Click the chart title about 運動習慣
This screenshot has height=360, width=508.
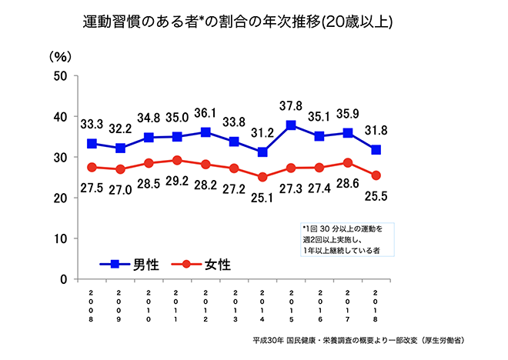coord(238,22)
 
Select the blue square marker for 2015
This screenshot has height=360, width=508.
coord(291,125)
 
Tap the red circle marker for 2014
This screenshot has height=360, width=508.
coord(262,177)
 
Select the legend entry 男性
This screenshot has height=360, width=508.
coord(131,264)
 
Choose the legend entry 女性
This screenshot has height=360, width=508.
coord(202,264)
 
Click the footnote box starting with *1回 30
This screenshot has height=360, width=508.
coord(346,239)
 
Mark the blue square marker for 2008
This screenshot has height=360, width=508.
coord(92,144)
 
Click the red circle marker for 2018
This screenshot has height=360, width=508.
coord(376,175)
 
